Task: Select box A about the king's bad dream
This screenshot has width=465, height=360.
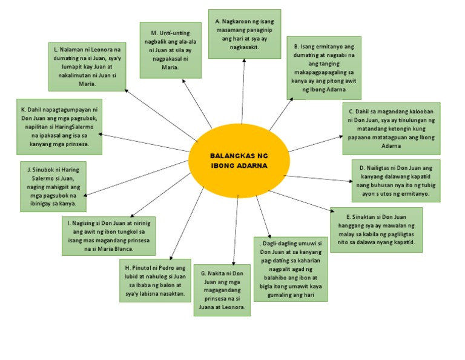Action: [x=244, y=34]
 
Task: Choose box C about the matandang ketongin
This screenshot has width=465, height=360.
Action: [x=391, y=128]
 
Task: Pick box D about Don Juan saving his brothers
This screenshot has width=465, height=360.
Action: [x=396, y=181]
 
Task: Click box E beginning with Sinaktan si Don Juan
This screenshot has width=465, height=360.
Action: [x=376, y=229]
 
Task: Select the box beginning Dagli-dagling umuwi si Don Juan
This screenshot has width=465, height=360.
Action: [x=291, y=268]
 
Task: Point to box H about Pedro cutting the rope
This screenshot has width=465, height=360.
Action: [x=156, y=281]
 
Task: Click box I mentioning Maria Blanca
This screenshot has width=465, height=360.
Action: [x=108, y=236]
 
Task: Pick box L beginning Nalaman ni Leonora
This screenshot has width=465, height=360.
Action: [x=88, y=66]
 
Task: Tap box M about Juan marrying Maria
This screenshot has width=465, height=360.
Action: [x=170, y=50]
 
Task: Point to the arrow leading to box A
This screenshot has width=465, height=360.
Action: [x=243, y=91]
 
